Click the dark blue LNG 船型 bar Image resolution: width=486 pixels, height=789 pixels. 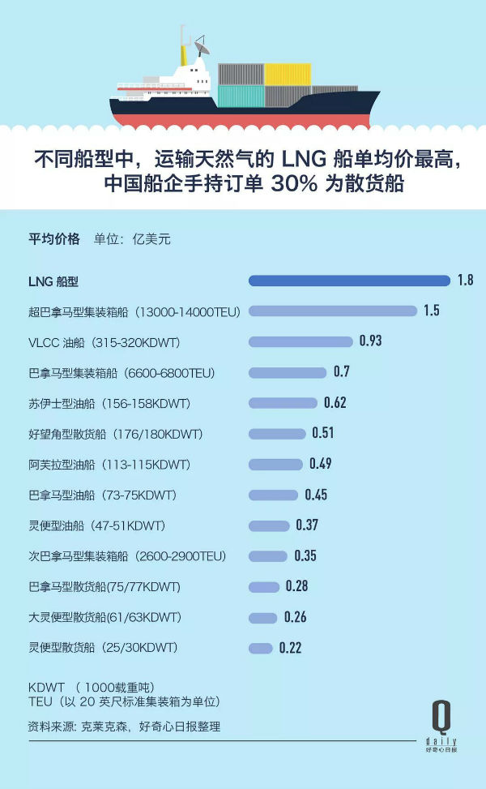(348, 281)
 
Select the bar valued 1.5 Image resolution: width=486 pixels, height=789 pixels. (332, 311)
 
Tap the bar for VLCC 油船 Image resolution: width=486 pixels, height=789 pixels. (301, 341)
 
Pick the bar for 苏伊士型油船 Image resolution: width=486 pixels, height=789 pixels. (283, 403)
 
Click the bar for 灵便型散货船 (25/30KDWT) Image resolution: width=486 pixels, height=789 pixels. (260, 648)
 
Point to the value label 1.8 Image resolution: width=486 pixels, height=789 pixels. (465, 281)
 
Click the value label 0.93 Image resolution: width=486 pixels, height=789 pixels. (370, 341)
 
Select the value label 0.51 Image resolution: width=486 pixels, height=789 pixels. (322, 433)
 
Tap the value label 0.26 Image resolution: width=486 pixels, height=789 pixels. (295, 617)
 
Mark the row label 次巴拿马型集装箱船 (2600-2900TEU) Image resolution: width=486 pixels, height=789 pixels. (127, 556)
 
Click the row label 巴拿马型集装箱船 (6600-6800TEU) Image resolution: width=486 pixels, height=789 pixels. (122, 372)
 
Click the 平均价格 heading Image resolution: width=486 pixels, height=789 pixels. (54, 238)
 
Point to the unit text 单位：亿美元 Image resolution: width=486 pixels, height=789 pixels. (132, 238)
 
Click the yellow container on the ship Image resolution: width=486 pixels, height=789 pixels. (288, 75)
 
